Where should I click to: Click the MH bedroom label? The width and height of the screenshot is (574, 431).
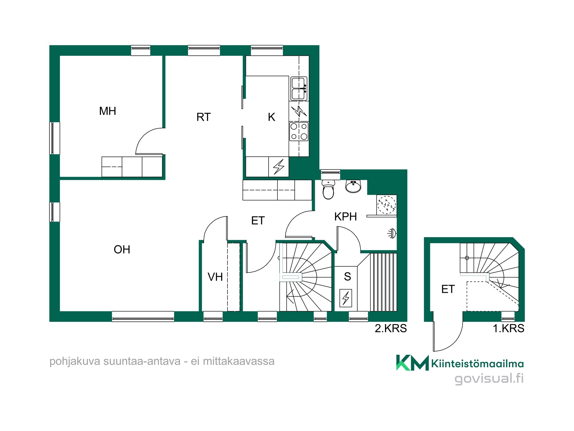108,111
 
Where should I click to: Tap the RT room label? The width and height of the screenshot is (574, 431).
203,117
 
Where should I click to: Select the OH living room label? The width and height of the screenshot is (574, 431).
122,249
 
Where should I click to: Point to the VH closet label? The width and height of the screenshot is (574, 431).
215,277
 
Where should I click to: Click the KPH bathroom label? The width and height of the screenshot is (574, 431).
346,217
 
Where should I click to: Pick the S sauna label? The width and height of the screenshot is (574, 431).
348,276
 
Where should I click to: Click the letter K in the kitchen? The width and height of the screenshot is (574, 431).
272,117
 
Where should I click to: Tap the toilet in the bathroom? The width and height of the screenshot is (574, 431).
328,189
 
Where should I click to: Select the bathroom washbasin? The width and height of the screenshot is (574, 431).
353,186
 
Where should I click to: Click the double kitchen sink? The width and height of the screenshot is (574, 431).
299,88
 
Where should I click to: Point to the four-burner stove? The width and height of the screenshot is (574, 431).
299,131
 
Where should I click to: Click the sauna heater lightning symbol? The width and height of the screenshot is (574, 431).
346,298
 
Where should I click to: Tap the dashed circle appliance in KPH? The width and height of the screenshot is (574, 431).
387,205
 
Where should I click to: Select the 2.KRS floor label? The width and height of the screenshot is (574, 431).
391,328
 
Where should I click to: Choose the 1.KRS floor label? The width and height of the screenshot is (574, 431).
508,328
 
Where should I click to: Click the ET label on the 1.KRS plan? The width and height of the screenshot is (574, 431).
448,289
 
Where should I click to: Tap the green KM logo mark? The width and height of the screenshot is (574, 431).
412,363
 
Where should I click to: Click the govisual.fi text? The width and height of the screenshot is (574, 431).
489,378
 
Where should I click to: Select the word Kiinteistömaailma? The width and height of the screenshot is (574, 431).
478,364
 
